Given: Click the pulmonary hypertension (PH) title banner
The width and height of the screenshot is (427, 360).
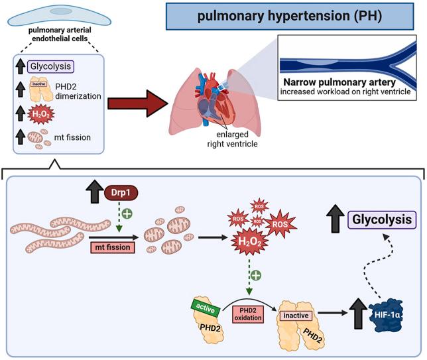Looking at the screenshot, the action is tap(290, 16).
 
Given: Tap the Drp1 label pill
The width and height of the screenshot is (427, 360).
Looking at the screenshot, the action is tap(121, 192).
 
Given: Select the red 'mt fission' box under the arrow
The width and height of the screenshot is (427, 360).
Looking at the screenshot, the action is tap(113, 247).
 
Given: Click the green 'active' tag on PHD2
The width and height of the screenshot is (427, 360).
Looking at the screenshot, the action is tap(206, 308).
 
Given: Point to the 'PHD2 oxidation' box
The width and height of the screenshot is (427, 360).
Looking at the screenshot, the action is tap(248, 314).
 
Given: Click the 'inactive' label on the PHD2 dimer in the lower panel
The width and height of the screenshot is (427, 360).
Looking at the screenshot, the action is tap(296, 316).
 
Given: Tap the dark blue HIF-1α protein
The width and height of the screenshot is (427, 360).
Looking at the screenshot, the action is tap(386, 315).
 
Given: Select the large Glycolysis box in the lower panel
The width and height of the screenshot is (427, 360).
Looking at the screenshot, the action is tap(382, 219).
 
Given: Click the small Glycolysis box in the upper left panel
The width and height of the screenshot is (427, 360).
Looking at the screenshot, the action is tap(50, 66).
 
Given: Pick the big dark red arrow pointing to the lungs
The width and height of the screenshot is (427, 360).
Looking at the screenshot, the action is tap(138, 103).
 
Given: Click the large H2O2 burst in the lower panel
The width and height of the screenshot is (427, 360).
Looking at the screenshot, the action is tap(249, 241).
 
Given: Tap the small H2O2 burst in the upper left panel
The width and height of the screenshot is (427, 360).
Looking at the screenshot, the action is tap(41, 114).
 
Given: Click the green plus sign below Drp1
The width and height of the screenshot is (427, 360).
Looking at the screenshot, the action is tap(127, 213).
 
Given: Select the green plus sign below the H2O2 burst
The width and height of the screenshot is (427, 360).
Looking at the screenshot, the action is tap(256, 275).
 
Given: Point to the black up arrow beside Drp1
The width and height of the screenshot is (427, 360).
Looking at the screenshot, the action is tap(95, 191).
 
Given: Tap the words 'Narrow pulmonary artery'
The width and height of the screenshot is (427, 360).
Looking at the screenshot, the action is tap(339, 82).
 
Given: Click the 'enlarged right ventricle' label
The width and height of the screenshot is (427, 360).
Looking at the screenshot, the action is tap(232, 139).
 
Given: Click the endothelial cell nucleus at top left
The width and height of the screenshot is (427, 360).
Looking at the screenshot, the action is tap(61, 11).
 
